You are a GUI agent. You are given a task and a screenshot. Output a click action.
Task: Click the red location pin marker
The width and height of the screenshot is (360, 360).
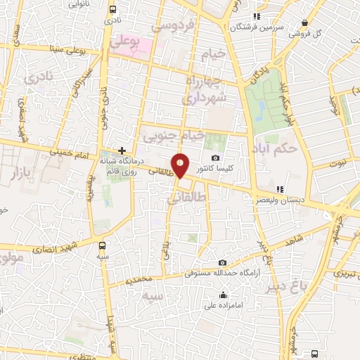coord(181,165)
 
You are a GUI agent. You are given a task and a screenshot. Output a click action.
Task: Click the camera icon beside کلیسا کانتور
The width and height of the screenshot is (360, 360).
coord(215,157)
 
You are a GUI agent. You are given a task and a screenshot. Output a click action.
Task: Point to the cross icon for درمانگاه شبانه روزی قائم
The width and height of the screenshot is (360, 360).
coord(122,150)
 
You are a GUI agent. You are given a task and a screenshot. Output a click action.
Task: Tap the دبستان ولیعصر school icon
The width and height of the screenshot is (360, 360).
coord(281,189)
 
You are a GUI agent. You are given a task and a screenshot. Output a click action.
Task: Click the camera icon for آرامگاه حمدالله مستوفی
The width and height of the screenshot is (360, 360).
coord(222,262)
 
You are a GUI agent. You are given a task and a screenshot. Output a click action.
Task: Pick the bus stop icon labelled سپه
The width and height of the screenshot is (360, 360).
coord(103,246)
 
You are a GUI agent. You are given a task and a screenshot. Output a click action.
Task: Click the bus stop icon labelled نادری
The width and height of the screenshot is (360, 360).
coord(113,11)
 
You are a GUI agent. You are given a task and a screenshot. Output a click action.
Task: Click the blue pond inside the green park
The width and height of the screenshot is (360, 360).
coord(263,107)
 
